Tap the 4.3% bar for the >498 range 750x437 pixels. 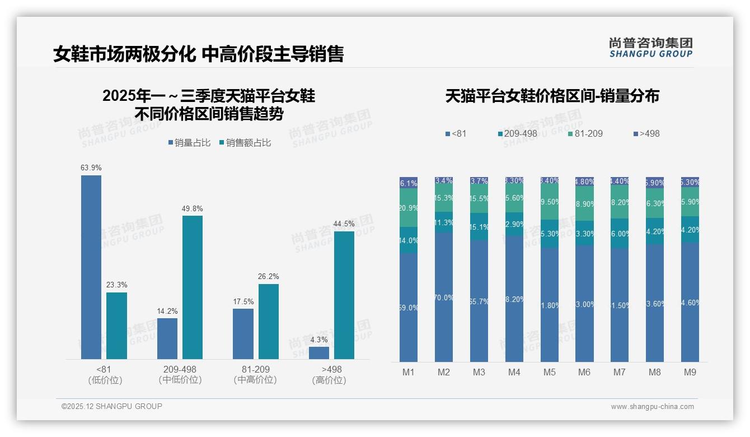pyautogui.click(x=319, y=353)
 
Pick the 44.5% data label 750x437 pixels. pyautogui.click(x=344, y=224)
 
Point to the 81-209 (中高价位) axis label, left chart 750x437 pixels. pyautogui.click(x=255, y=375)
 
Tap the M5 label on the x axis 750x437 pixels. pyautogui.click(x=549, y=372)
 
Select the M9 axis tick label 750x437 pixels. pyautogui.click(x=690, y=372)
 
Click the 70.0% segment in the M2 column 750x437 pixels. pyautogui.click(x=444, y=297)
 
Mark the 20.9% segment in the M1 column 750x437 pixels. pyautogui.click(x=409, y=208)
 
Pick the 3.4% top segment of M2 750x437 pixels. pyautogui.click(x=444, y=181)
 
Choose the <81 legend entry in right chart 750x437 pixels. pyautogui.click(x=456, y=134)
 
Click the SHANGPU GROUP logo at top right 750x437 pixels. pyautogui.click(x=650, y=48)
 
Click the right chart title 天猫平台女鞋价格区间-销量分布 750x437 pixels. pyautogui.click(x=552, y=96)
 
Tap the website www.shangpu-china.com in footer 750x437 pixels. pyautogui.click(x=652, y=407)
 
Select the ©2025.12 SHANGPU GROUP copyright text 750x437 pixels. pyautogui.click(x=112, y=406)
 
